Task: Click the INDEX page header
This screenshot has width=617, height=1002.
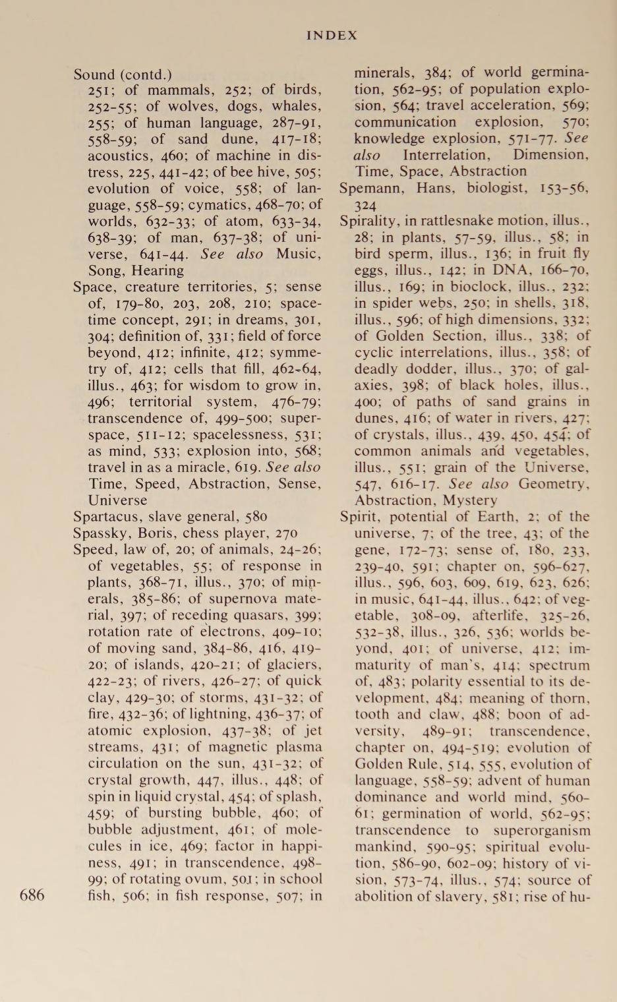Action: (332, 36)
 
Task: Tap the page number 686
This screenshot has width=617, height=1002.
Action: (32, 895)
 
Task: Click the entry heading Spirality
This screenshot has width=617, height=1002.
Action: (368, 221)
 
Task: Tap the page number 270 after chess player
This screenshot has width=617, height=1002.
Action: (285, 533)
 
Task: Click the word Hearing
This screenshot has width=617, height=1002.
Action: (158, 271)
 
